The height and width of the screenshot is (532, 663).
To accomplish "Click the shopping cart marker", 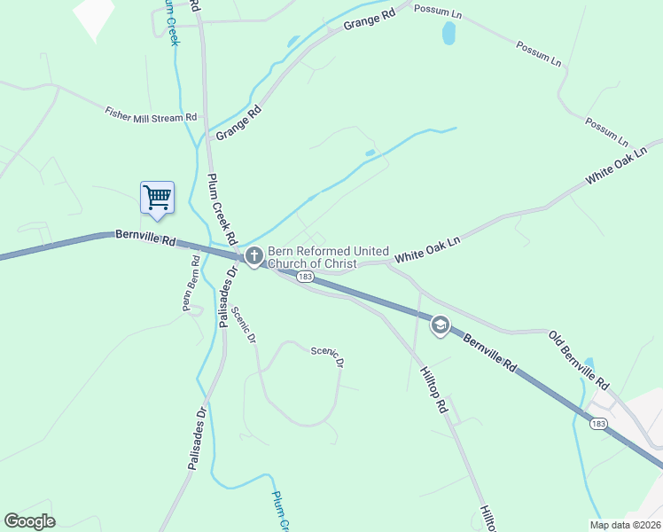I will pyautogui.click(x=157, y=197).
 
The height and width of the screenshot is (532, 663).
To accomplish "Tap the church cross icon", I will pyautogui.click(x=253, y=257).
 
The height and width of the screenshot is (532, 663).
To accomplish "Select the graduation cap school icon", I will pyautogui.click(x=439, y=325).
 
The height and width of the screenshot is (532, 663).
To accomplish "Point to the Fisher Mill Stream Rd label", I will pyautogui.click(x=151, y=115).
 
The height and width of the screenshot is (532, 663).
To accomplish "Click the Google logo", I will pyautogui.click(x=29, y=521).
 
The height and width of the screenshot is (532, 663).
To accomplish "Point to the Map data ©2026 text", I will pyautogui.click(x=624, y=525).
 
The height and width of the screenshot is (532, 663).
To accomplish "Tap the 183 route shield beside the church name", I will pyautogui.click(x=305, y=278).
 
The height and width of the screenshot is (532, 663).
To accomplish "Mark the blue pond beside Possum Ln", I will pyautogui.click(x=448, y=34).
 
